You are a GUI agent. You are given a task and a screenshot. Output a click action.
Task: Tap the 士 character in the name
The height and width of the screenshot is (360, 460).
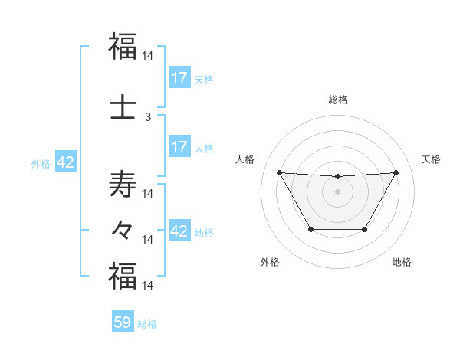click(123, 106)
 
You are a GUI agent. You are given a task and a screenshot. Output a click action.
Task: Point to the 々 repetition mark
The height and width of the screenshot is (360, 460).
click(123, 229)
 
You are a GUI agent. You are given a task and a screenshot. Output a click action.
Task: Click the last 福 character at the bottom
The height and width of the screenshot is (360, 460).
click(123, 276)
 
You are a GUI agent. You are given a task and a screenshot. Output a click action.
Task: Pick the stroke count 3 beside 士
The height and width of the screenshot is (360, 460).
click(148, 117)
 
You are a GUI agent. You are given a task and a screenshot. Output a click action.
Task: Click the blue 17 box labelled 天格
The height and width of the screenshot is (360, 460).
click(179, 78)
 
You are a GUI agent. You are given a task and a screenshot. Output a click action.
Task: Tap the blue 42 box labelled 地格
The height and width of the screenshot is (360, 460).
click(179, 231)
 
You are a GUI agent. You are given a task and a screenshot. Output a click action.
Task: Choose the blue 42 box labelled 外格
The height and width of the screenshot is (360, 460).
click(65, 163)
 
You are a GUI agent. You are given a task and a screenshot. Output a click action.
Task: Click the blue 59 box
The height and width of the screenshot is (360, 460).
click(123, 322)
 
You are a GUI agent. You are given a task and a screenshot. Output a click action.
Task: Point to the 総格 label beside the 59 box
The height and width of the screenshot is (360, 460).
click(147, 324)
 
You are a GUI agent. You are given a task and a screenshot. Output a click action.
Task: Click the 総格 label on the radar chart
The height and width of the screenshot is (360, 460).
click(337, 100)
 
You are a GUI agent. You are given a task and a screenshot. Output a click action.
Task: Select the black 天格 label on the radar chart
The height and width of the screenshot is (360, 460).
click(432, 159)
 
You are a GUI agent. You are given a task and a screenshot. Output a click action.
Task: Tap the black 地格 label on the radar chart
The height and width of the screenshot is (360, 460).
click(402, 262)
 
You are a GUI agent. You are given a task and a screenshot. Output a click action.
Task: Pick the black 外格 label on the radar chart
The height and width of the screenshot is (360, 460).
click(270, 262)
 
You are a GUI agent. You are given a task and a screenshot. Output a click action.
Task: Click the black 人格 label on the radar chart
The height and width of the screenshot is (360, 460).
click(245, 159)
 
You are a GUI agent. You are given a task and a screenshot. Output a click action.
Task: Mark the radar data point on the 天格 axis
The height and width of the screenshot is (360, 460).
click(396, 172)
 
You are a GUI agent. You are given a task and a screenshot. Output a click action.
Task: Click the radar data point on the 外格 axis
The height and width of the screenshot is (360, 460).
click(310, 229)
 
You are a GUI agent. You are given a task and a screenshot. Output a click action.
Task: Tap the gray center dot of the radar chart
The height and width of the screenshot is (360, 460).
click(337, 191)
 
